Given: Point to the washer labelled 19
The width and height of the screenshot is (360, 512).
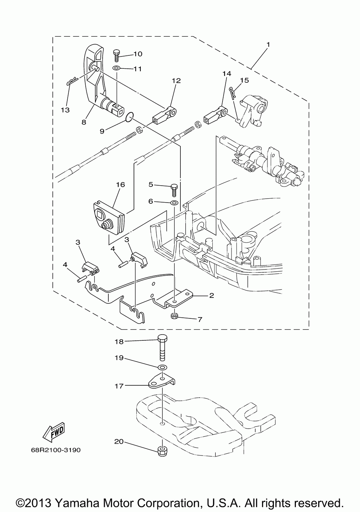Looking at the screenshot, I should coord(162,367).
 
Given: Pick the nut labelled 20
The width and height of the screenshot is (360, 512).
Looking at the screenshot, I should coord(162,450).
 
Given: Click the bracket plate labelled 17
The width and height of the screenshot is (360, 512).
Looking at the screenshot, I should coord(162,382).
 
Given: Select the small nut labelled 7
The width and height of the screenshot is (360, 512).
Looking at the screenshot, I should coord(174,316).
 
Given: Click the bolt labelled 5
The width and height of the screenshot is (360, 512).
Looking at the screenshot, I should coord(174,188).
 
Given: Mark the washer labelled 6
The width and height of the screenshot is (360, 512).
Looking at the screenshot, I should coord(174,203).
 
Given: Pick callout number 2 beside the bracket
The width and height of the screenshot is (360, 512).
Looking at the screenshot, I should coord(211,296).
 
